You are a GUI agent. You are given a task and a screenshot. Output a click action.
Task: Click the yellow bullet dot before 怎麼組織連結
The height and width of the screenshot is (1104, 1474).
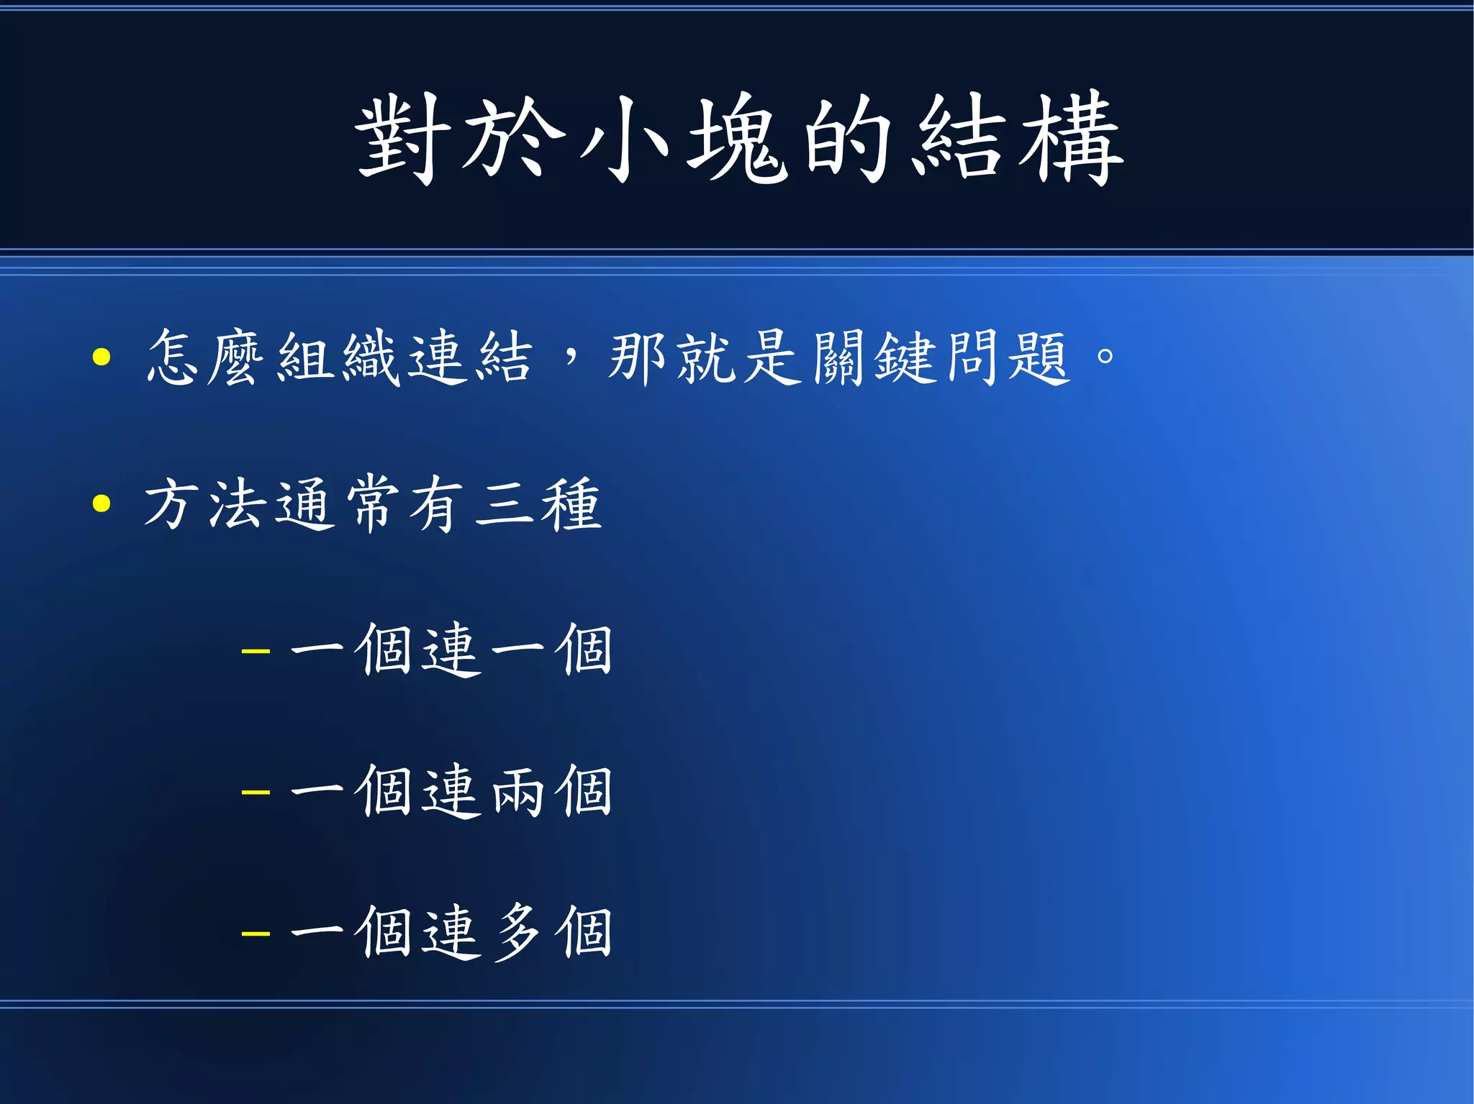tap(101, 357)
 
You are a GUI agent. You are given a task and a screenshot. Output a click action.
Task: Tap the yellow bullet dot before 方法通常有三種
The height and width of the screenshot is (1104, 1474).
tap(101, 503)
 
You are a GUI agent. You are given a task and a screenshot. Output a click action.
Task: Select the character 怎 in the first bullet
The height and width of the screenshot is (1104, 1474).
tap(173, 357)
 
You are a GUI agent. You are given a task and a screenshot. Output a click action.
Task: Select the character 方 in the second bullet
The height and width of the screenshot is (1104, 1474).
tap(171, 503)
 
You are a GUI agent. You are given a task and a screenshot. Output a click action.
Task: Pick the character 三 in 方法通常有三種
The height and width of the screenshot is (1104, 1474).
tap(502, 503)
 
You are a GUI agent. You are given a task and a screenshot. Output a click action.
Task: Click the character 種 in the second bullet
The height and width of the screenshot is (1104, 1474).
tap(570, 503)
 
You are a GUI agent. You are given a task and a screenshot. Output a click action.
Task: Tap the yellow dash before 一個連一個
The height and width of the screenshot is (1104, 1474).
tap(256, 652)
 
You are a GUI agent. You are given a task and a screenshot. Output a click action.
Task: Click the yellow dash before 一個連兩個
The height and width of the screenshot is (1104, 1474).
tap(256, 793)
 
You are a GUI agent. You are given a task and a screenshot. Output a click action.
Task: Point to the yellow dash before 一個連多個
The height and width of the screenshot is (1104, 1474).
tap(256, 934)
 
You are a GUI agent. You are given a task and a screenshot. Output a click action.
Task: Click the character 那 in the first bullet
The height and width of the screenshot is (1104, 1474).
tap(636, 357)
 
